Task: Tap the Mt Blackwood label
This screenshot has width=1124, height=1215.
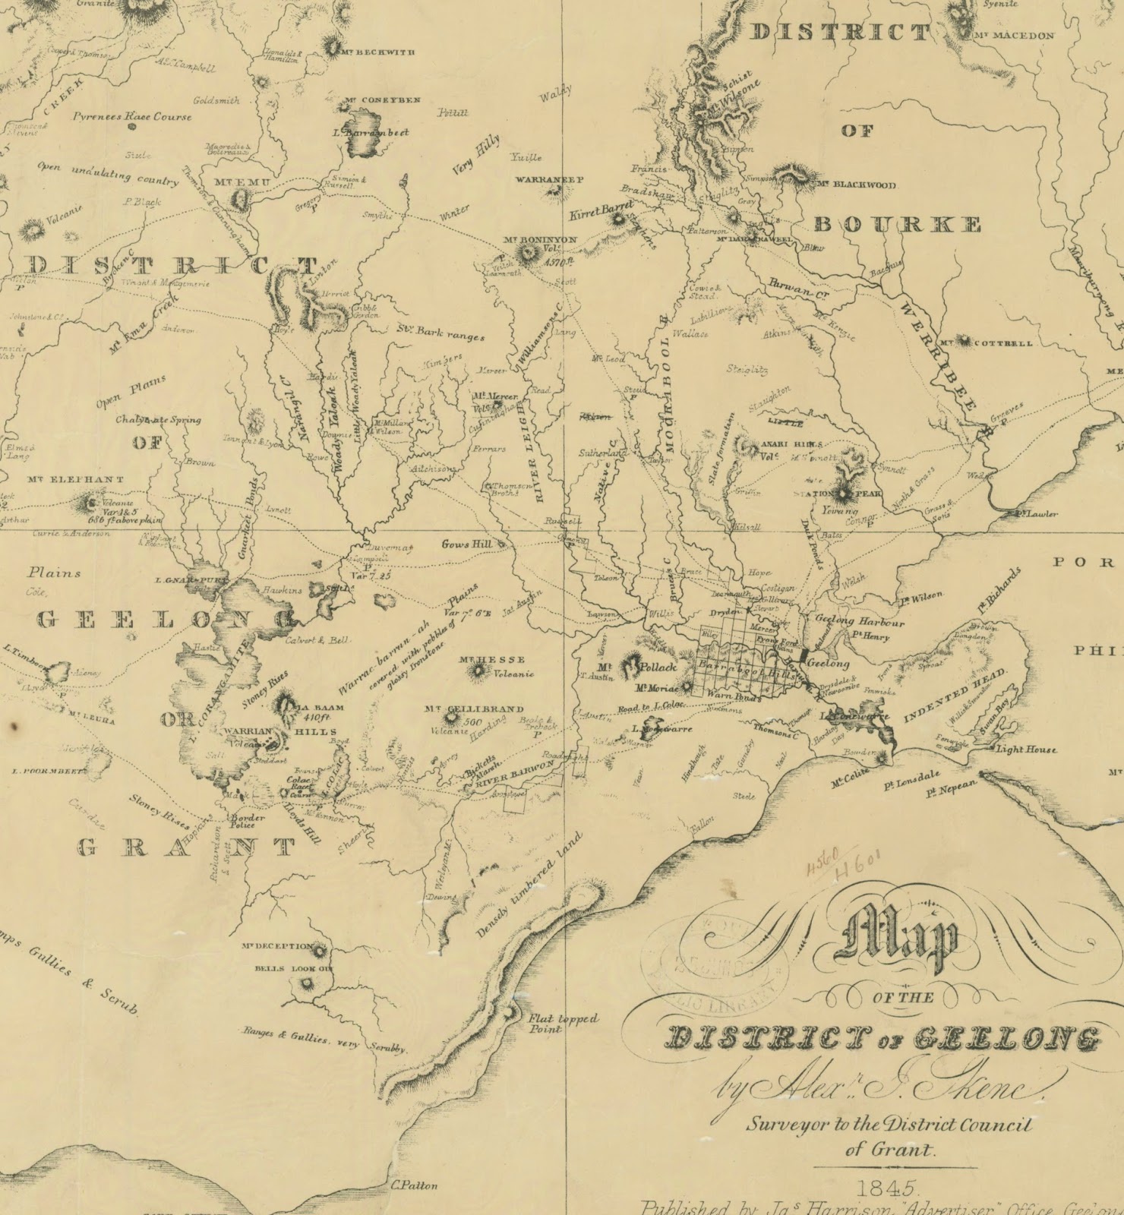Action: (x=856, y=185)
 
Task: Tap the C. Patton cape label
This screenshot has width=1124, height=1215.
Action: (x=414, y=1185)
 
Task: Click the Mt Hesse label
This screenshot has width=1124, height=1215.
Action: (x=491, y=659)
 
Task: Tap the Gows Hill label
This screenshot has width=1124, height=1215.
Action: (x=467, y=544)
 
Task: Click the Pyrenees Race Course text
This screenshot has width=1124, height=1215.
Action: (x=132, y=117)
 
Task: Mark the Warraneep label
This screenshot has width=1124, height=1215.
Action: (x=548, y=180)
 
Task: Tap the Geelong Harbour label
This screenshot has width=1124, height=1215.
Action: (x=860, y=621)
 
